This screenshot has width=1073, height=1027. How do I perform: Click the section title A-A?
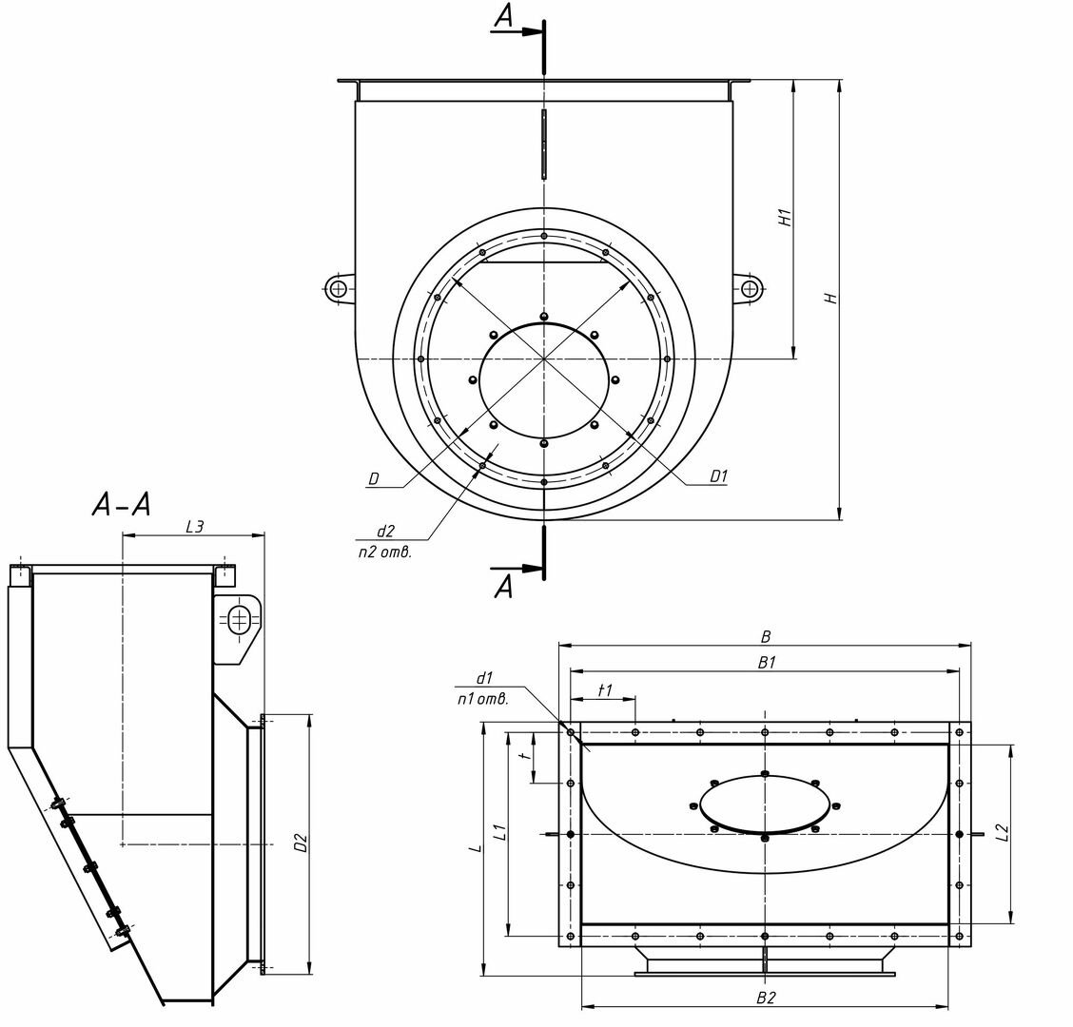(x=121, y=505)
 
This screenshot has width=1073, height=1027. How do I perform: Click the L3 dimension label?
(x=195, y=526)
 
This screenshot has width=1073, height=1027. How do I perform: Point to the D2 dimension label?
(x=301, y=843)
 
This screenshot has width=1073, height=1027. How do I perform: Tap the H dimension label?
(x=830, y=299)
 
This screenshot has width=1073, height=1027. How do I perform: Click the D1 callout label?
(x=718, y=475)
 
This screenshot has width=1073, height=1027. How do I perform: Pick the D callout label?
(x=374, y=479)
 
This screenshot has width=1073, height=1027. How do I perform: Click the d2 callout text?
(x=385, y=531)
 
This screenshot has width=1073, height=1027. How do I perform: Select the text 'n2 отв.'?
(x=384, y=552)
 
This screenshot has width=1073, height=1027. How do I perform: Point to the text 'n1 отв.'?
(x=482, y=699)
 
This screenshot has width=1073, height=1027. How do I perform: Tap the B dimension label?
(x=766, y=637)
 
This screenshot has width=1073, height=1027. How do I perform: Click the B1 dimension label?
(x=767, y=662)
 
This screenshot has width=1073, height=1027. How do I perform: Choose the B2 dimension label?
(x=766, y=998)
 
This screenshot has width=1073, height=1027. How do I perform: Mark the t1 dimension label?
(x=605, y=690)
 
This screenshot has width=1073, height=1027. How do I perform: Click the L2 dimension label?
(x=1003, y=833)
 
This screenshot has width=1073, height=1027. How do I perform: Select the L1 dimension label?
(x=500, y=831)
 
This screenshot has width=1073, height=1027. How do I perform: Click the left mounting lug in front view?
(x=338, y=289)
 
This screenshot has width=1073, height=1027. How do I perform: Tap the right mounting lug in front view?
(x=750, y=289)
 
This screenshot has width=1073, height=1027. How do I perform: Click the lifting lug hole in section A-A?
(x=238, y=621)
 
